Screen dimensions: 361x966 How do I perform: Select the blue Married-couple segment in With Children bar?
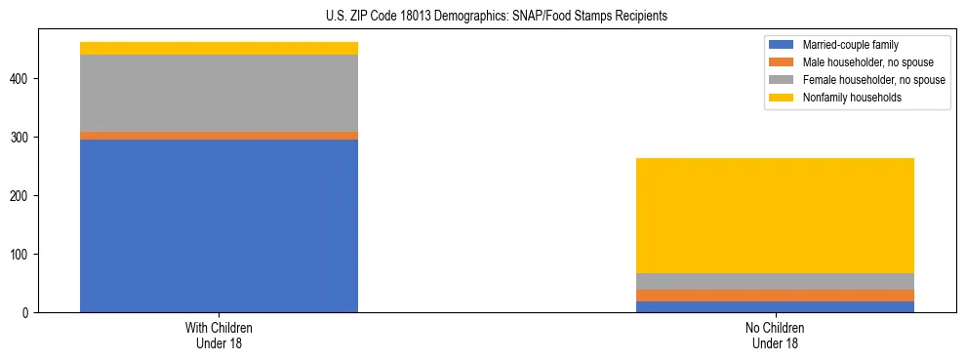[x=219, y=225]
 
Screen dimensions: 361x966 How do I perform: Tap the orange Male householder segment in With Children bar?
[x=219, y=136]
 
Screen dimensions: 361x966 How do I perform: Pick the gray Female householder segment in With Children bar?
[x=219, y=93]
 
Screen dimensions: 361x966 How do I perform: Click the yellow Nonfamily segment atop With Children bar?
[x=219, y=48]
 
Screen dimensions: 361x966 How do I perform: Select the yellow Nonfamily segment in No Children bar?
[x=775, y=216]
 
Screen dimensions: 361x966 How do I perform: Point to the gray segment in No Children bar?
[x=775, y=281]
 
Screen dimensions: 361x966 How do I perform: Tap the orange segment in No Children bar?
[x=775, y=296]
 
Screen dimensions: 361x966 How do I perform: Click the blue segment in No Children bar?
[x=775, y=306]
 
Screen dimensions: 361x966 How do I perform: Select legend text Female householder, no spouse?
[x=873, y=80]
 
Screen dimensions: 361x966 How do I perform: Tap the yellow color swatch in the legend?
[x=782, y=98]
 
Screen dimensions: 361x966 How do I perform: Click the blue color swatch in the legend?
[x=782, y=45]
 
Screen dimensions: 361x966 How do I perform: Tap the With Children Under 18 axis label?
[x=219, y=336]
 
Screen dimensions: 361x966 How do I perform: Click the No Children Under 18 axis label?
[x=775, y=336]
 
